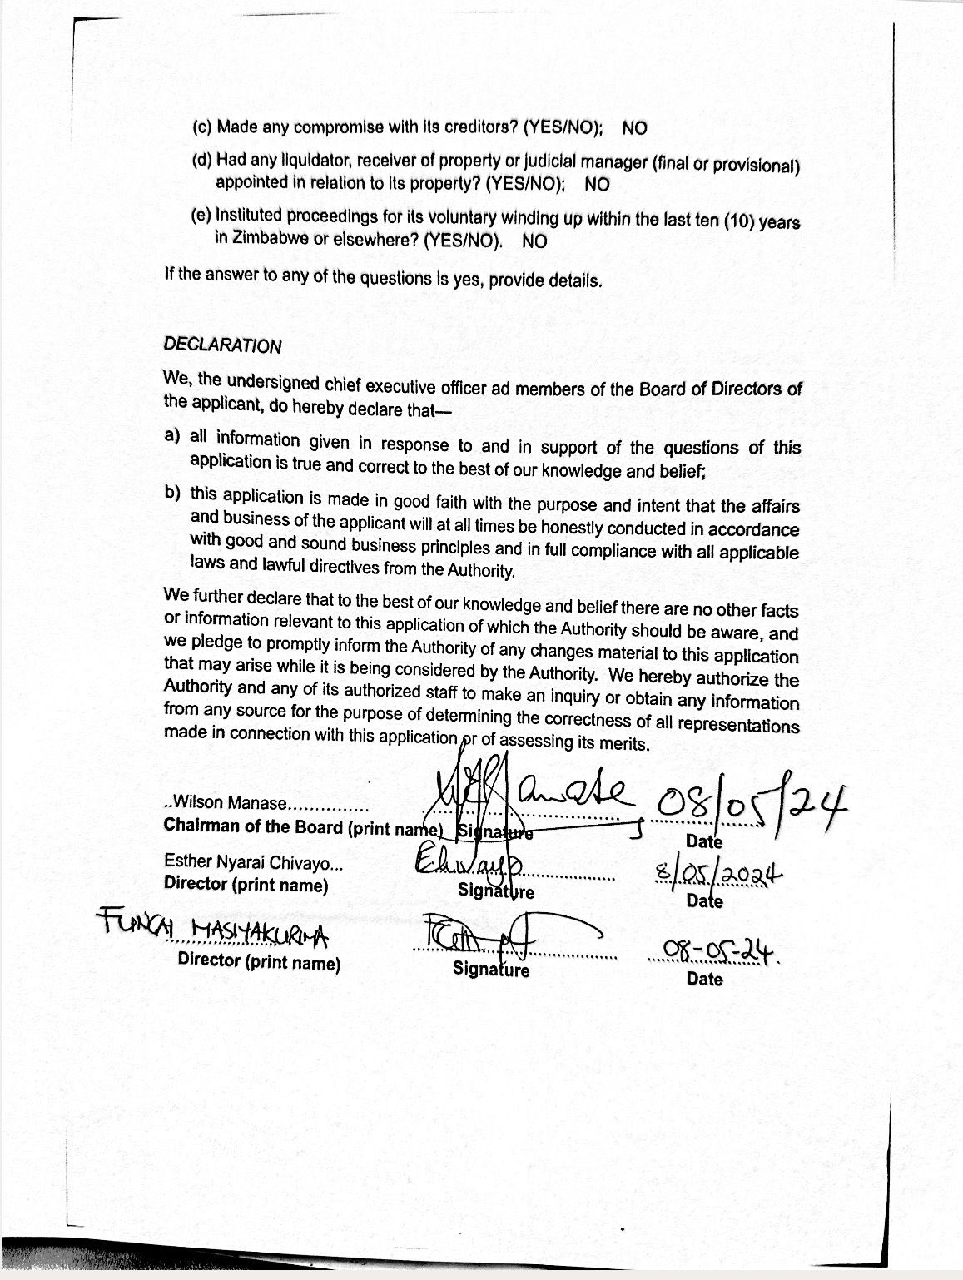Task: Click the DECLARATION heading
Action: click(222, 345)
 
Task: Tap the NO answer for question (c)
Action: click(634, 128)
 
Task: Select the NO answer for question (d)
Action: click(597, 184)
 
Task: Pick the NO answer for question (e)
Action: click(535, 241)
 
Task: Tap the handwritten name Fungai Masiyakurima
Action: click(213, 927)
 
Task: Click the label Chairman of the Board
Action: click(253, 826)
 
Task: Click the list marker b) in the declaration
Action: click(172, 493)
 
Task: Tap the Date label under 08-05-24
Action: click(704, 979)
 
